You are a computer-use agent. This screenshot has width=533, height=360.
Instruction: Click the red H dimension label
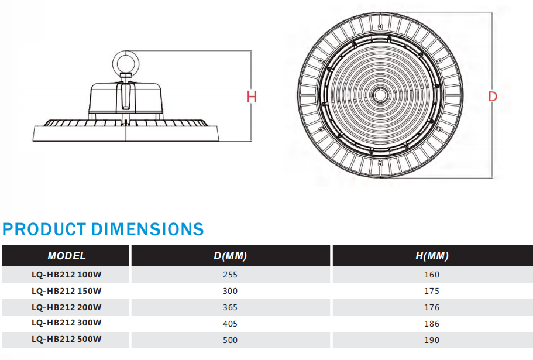[x=252, y=97]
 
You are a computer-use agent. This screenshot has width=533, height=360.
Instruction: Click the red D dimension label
[x=492, y=97]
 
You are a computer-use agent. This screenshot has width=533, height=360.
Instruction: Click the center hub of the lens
[x=380, y=94]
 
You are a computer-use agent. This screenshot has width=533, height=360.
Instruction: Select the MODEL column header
[x=67, y=256]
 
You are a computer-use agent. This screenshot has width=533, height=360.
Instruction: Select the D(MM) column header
[x=231, y=256]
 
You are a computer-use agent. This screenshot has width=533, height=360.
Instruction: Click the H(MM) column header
[x=432, y=256]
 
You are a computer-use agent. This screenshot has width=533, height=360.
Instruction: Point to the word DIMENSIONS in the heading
[x=147, y=229]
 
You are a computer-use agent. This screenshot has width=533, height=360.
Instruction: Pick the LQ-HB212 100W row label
[x=67, y=275]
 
